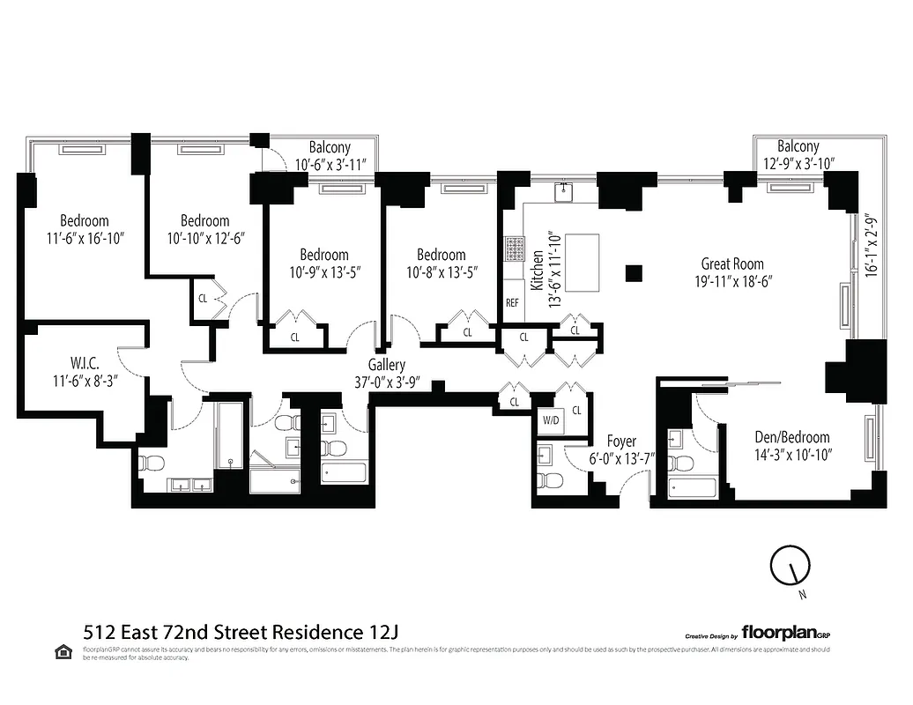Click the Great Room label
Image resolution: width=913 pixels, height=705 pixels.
pos(731,263)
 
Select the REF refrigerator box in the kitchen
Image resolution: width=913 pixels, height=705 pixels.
pos(512,302)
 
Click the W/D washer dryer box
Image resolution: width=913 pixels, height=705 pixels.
pos(552,420)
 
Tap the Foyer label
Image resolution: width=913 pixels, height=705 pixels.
pos(621,441)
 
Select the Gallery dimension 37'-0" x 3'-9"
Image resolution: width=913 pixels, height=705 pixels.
pos(387,383)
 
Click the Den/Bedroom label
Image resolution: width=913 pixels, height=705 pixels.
pos(792,437)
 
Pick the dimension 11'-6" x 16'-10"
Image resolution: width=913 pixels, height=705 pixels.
pos(85,238)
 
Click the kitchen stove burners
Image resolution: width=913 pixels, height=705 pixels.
pos(513,249)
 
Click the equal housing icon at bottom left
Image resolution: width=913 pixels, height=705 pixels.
pos(63,652)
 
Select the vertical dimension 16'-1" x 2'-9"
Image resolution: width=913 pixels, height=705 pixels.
pos(872,246)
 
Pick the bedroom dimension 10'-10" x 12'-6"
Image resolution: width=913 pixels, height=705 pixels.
pos(204,238)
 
